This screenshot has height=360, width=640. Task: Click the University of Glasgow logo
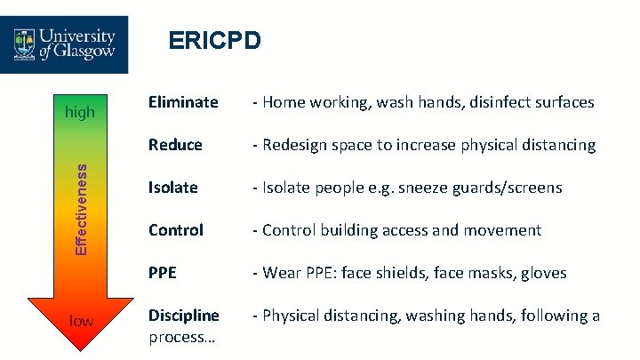(x=65, y=44)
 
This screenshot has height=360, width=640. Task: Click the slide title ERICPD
(x=214, y=41)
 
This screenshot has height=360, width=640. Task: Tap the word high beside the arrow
(x=81, y=113)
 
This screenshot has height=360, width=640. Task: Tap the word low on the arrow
(x=81, y=320)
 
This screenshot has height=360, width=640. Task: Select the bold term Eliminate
(x=183, y=102)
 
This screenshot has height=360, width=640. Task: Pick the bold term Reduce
(x=175, y=145)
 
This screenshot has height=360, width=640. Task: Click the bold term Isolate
(x=173, y=188)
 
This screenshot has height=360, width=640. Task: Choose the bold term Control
(x=176, y=230)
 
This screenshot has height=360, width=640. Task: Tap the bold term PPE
(x=163, y=273)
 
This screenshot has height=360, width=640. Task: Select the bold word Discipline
(x=184, y=316)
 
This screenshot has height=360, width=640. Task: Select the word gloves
(x=543, y=273)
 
